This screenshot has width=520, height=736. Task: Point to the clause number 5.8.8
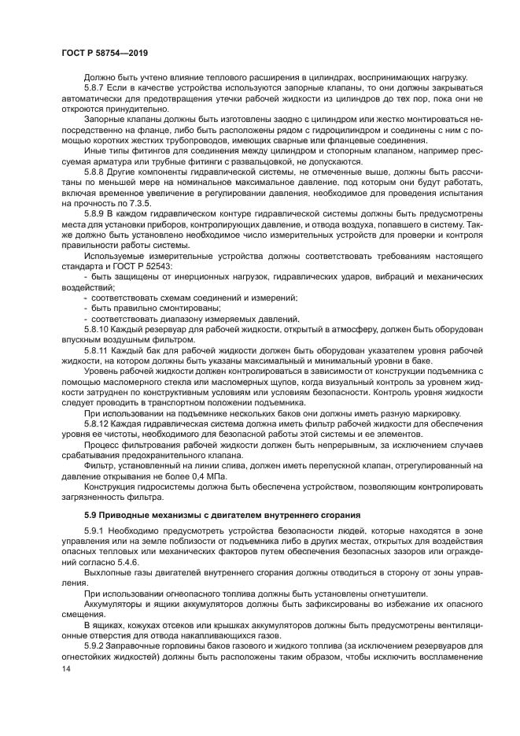coord(96,170)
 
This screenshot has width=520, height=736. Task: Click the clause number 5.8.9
coord(96,213)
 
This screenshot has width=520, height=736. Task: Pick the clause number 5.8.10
coord(98,329)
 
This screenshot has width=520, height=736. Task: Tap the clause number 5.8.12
coord(98,423)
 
